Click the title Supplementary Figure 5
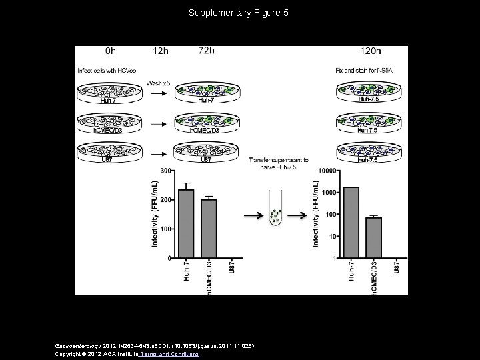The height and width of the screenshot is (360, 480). click(238, 13)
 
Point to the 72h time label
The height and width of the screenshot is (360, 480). click(207, 51)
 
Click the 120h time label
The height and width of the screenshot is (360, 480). click(370, 51)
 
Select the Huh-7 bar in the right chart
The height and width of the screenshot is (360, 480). click(351, 223)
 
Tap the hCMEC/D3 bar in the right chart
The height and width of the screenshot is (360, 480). click(373, 238)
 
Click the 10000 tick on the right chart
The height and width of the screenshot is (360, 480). click(325, 171)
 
